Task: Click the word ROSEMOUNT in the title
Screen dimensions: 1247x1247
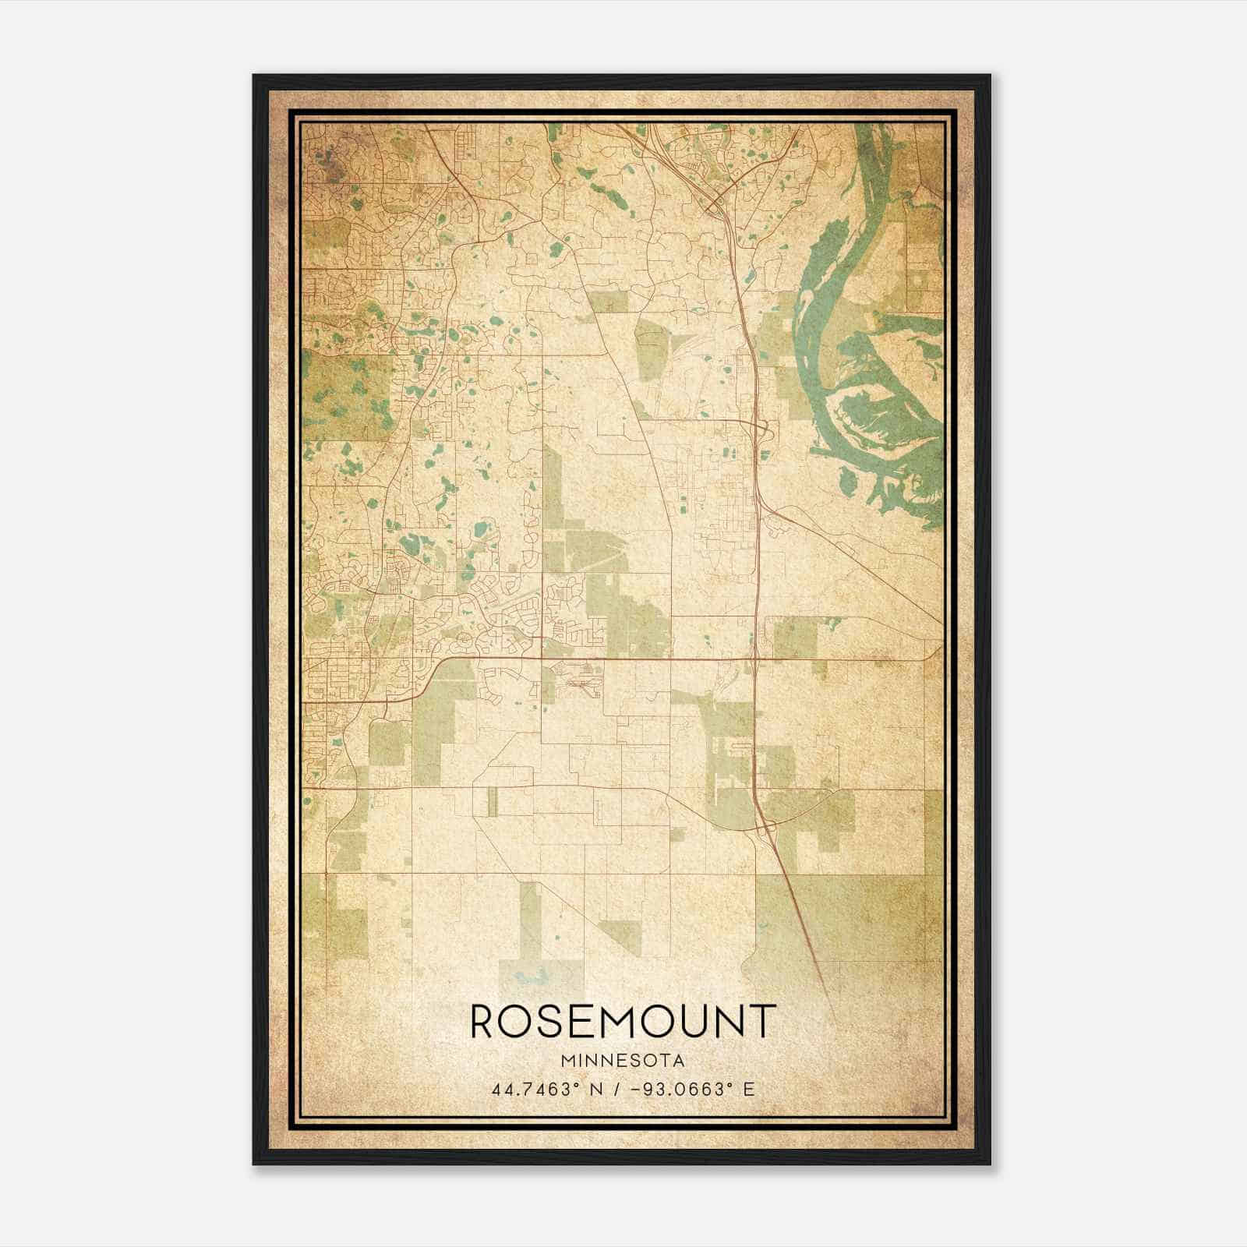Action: click(x=623, y=1021)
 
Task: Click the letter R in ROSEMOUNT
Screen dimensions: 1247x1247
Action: click(x=482, y=1021)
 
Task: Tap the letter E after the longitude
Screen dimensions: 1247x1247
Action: click(x=750, y=1090)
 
